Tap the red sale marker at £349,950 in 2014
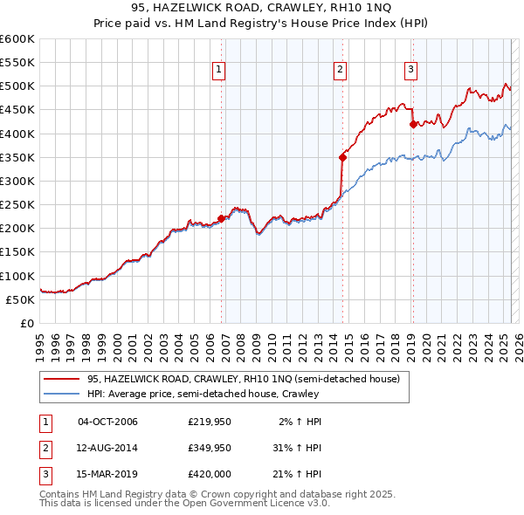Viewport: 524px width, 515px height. [342, 157]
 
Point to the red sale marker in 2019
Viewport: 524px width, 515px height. [413, 124]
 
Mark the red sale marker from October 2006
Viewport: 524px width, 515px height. [222, 219]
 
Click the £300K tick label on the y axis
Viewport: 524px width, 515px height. [17, 181]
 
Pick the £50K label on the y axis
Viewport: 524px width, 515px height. [20, 299]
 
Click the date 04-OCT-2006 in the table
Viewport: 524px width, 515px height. [108, 422]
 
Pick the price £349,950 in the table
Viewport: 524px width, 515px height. [209, 447]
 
